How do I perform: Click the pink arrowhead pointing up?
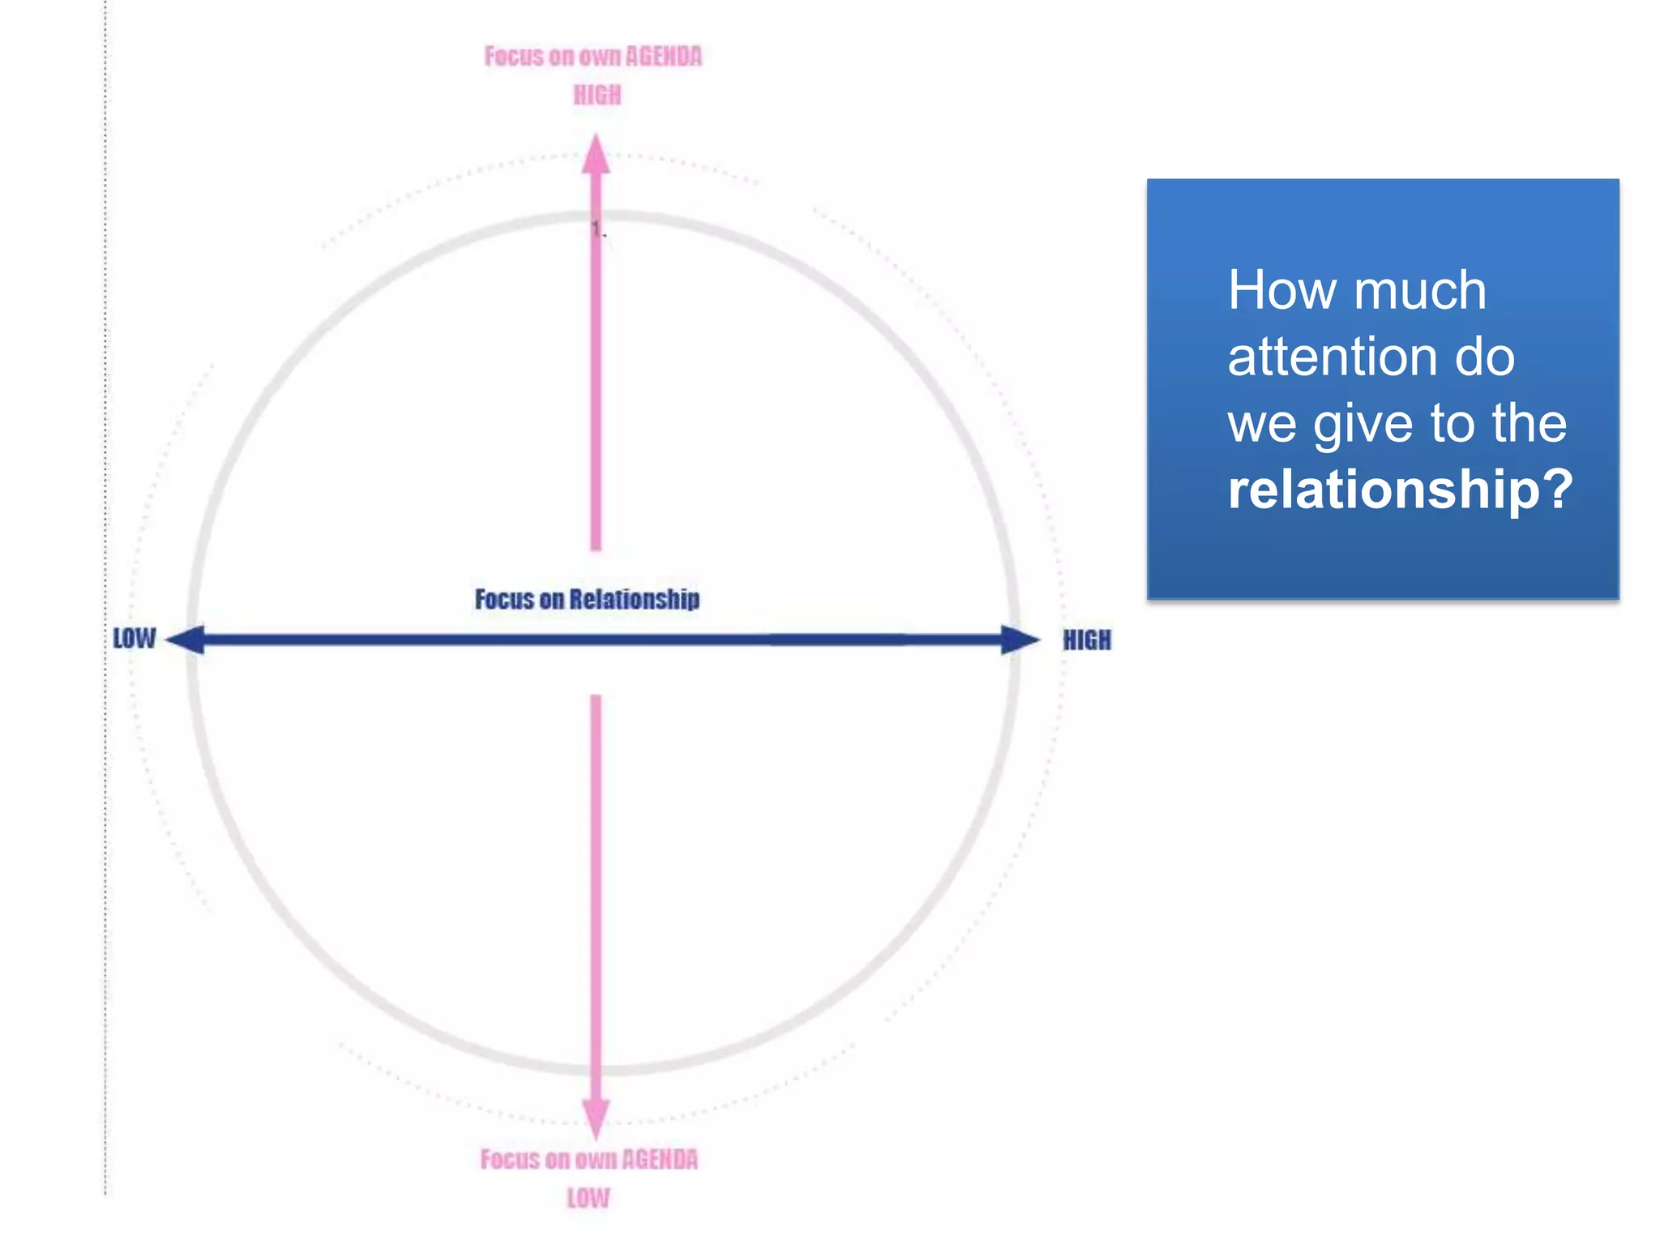coord(596,156)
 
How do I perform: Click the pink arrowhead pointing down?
coord(596,1118)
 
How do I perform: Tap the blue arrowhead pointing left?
coord(186,640)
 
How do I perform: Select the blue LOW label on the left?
coord(134,639)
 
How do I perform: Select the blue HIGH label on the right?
coord(1087,640)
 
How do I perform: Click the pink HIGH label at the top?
coord(597,96)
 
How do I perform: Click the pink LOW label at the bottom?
coord(588,1198)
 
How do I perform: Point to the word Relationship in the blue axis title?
coord(634,600)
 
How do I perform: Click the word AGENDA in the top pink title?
coord(664,57)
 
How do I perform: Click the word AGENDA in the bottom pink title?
coord(660,1160)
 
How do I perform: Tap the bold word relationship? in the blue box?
coord(1400,489)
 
